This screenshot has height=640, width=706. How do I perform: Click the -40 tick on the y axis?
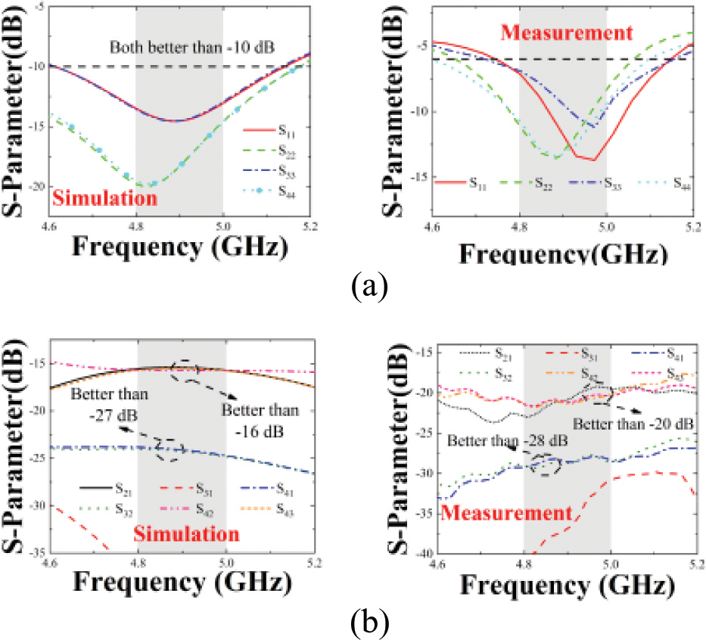coord(420,552)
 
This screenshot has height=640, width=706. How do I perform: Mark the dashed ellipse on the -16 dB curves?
coord(185,368)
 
